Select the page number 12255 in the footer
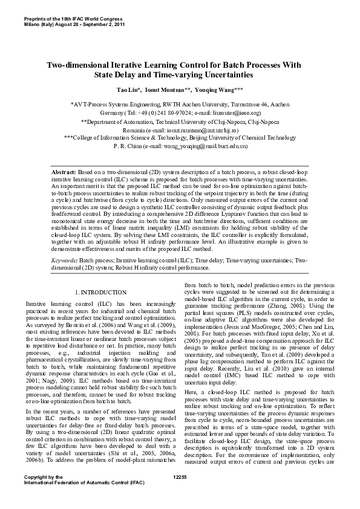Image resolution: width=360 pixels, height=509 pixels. (180, 494)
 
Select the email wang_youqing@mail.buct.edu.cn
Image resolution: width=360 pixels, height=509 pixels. (215, 146)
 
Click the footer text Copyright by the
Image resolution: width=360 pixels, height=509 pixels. (42, 494)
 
